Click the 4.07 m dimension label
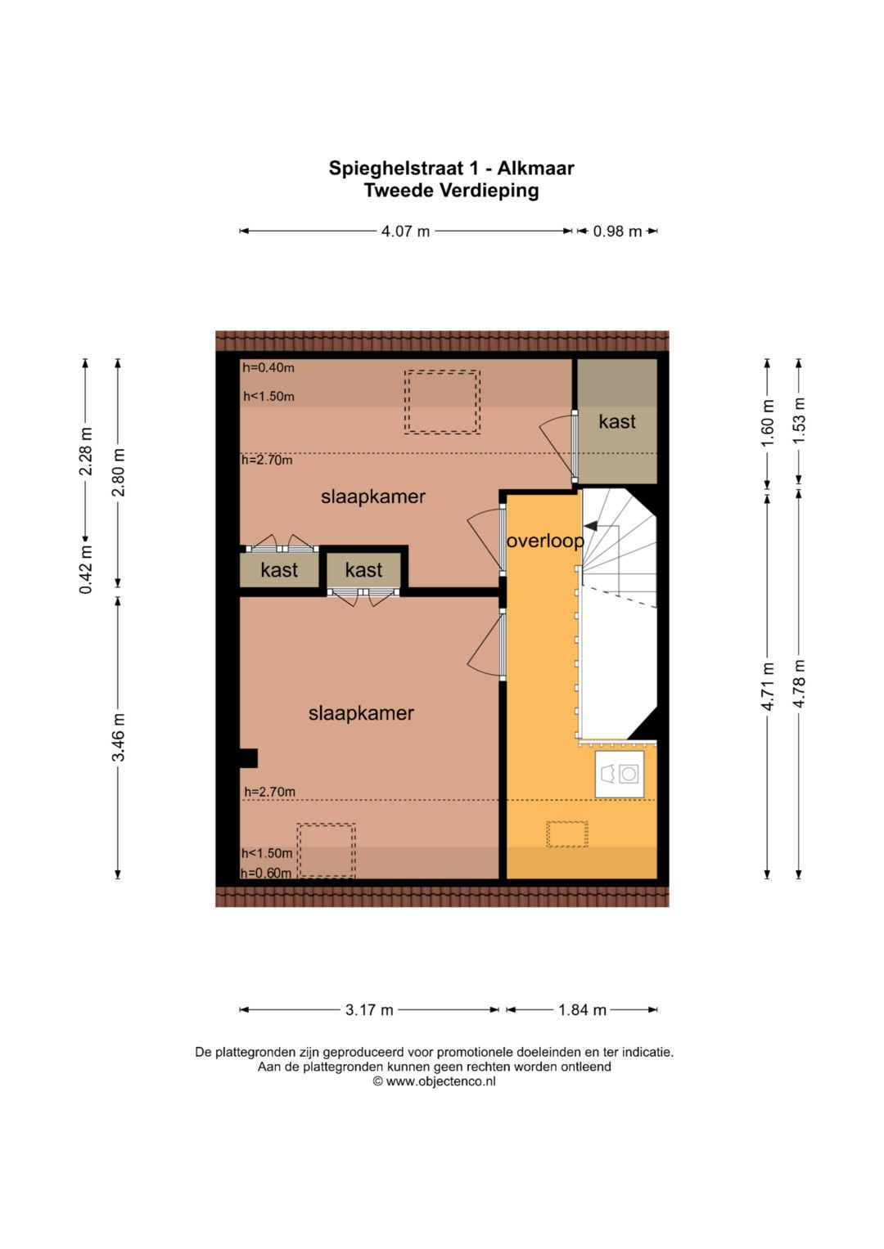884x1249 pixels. click(x=405, y=231)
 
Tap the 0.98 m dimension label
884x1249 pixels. click(x=617, y=231)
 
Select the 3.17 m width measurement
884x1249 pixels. click(x=369, y=1009)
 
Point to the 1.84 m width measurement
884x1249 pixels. click(x=582, y=1009)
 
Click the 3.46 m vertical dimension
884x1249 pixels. click(x=119, y=737)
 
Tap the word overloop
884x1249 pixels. click(x=545, y=541)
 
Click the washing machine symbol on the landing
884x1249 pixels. click(x=620, y=774)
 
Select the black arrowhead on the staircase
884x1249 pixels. click(x=590, y=525)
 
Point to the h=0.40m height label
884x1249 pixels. click(x=268, y=367)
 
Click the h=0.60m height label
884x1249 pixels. click(x=266, y=873)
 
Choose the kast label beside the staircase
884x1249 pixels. click(x=616, y=421)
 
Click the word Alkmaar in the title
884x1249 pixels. click(x=535, y=168)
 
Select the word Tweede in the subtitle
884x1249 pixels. click(x=399, y=190)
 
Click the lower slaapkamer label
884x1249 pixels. click(x=361, y=712)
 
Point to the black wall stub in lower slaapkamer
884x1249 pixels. click(x=248, y=757)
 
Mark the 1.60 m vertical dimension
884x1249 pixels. click(x=768, y=422)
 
